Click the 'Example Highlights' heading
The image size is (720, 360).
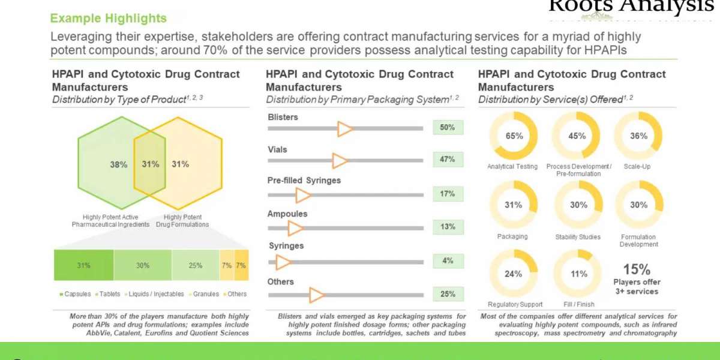[x=109, y=19]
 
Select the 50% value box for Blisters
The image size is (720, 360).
[x=448, y=127]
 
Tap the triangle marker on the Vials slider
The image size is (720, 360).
[x=340, y=160]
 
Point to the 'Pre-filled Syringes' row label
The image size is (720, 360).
[x=304, y=180]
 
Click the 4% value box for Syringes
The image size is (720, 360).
[x=448, y=261]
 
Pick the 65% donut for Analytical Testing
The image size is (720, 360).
[x=514, y=136]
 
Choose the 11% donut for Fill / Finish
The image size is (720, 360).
[x=578, y=274]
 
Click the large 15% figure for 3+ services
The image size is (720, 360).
[x=636, y=269]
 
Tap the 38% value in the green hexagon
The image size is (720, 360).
[x=118, y=164]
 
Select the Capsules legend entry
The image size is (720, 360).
[x=76, y=294]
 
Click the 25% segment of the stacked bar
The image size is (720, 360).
[x=195, y=265]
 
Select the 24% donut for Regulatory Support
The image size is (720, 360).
[x=514, y=274]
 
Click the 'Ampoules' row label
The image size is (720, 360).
[x=287, y=214]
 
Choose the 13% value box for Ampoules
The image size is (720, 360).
[x=448, y=227]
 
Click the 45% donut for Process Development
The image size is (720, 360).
[x=577, y=136]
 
